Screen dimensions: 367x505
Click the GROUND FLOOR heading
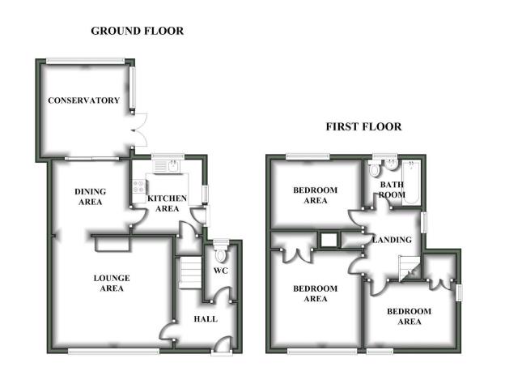click(137, 32)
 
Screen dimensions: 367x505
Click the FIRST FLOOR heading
click(363, 127)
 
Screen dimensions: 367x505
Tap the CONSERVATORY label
click(83, 101)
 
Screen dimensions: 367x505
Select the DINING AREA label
click(89, 197)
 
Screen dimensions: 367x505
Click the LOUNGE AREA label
click(111, 284)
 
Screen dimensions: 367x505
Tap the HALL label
click(205, 319)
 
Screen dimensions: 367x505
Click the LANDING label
click(393, 241)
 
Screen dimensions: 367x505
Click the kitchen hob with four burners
click(138, 189)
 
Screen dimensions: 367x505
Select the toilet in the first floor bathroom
click(374, 170)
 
